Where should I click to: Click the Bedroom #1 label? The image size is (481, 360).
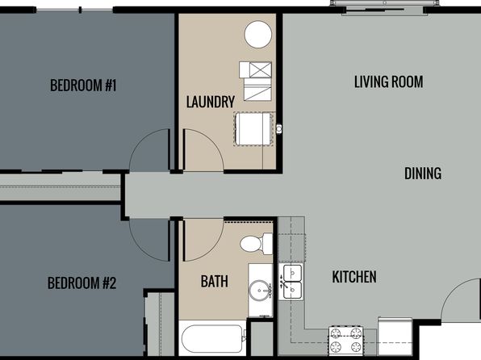[83, 86]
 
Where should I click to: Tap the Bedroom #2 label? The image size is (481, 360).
[82, 283]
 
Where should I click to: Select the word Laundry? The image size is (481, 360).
[211, 102]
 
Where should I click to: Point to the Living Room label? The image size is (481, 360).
[389, 82]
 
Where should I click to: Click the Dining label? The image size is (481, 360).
[423, 174]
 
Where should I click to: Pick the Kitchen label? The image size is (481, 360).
[354, 277]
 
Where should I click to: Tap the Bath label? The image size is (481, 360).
[215, 281]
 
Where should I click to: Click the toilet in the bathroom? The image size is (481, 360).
[257, 244]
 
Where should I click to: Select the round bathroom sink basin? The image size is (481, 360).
[260, 291]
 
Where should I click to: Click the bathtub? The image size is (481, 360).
[212, 338]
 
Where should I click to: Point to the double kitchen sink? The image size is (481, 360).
[292, 282]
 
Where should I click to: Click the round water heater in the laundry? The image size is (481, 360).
[258, 35]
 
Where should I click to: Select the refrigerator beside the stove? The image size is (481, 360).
[395, 337]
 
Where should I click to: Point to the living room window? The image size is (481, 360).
[385, 3]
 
